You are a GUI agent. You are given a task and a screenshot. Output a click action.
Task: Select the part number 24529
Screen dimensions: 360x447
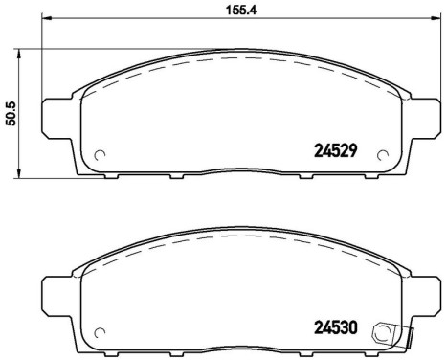pos(337,149)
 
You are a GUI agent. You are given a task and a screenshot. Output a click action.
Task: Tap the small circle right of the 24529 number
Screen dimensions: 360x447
pos(384,156)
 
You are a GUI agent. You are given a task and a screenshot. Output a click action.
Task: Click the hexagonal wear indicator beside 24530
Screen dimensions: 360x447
pos(385,333)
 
